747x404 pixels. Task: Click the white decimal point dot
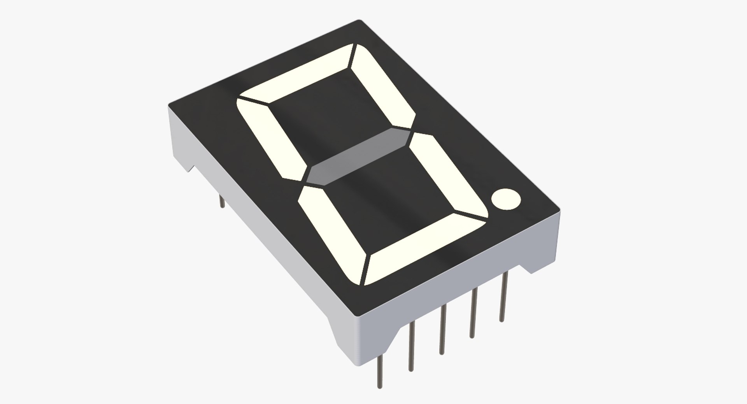click(506, 199)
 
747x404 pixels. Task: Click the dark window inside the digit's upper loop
click(331, 113)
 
